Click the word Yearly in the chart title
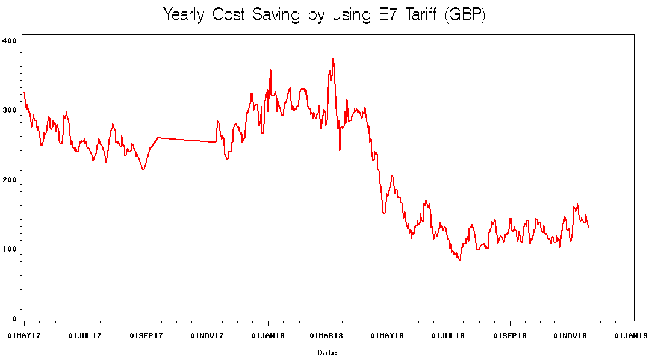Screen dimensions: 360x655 [187, 15]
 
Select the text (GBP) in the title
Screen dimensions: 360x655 [464, 15]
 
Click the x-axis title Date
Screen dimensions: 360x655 [327, 353]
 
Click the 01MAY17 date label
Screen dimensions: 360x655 [24, 335]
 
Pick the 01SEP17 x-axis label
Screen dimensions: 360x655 [146, 335]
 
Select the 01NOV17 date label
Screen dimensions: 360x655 [207, 335]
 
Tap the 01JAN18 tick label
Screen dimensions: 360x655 [268, 335]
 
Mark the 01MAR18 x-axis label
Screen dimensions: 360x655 [326, 335]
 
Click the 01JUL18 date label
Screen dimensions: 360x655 [449, 335]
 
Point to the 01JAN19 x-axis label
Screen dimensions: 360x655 [631, 335]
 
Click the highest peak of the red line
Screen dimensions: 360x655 [333, 59]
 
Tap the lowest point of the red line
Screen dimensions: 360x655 [460, 260]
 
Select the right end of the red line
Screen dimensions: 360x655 [589, 227]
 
